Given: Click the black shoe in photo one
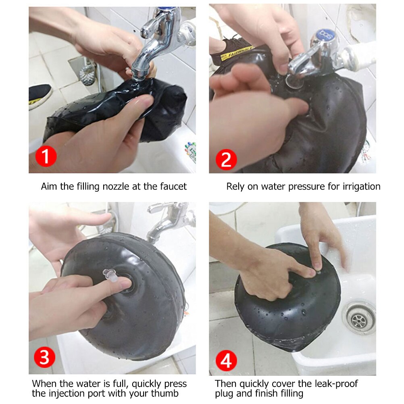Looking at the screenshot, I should click(40, 96).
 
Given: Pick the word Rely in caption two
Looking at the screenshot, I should click(235, 186).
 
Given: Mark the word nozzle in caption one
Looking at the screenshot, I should click(108, 186).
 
